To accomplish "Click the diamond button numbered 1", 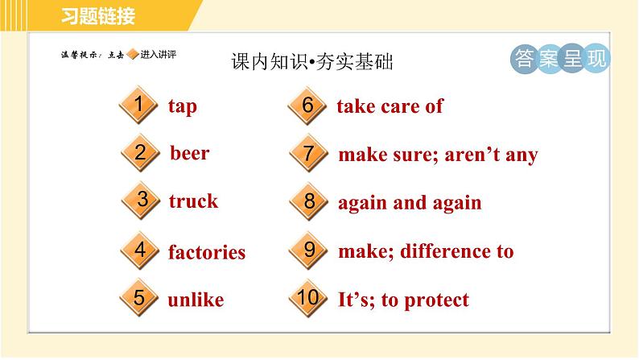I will coord(140,106).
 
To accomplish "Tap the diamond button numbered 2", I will coord(140,153).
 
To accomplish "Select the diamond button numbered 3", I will coord(142,201).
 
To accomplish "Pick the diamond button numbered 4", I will coord(140,250).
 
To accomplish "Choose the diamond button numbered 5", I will coord(140,299).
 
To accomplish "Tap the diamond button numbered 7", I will coord(308,154).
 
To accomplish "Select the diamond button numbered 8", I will coord(309,201).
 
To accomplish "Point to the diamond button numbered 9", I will coord(309,250).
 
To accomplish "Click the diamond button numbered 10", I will coord(308,299).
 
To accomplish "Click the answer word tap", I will coord(183,107).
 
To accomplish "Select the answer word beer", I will coord(190,153).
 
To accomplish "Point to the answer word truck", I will coord(193,201).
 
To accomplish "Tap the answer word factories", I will coord(207,252).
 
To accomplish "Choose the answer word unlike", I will coord(196,300).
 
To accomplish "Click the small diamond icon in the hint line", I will coord(133,55).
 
